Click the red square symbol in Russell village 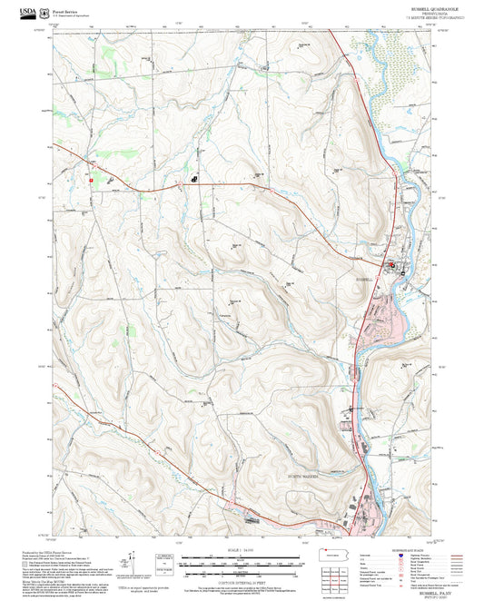[x=392, y=265]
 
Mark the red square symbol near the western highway [x=91, y=180]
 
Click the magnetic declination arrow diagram [x=133, y=559]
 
